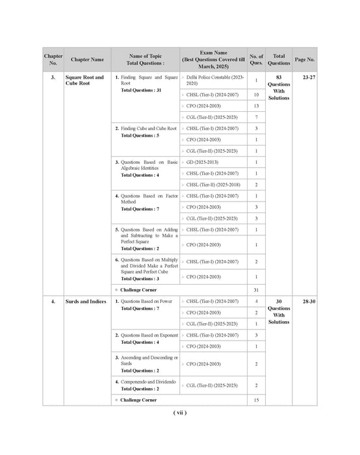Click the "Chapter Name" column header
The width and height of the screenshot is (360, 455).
(87, 59)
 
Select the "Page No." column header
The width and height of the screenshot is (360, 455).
(304, 59)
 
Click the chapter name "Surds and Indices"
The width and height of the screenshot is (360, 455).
(86, 302)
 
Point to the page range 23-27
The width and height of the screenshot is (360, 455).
(304, 77)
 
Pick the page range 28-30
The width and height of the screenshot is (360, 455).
(304, 302)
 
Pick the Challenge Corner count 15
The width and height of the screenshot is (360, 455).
(256, 399)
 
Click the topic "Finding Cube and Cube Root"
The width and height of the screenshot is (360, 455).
(148, 129)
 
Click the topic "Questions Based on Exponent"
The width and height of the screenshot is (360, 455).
(148, 335)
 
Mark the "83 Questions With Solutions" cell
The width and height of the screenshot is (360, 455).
(279, 88)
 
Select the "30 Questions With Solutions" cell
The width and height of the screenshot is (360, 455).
(279, 311)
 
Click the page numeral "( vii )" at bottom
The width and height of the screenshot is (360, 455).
(180, 413)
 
